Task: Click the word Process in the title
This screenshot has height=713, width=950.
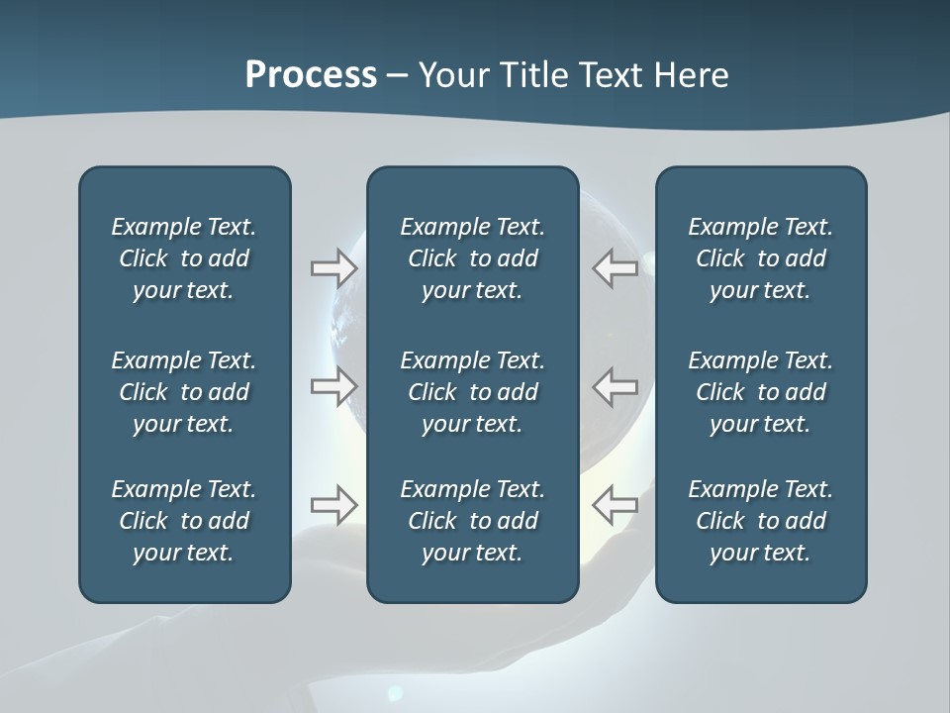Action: [x=311, y=75]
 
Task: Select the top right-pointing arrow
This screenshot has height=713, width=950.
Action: [x=333, y=268]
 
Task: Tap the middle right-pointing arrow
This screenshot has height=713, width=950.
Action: [x=333, y=386]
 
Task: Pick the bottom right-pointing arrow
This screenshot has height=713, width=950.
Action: [x=333, y=505]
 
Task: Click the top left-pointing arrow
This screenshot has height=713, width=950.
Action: [x=616, y=268]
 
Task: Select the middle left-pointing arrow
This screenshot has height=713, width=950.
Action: [x=616, y=386]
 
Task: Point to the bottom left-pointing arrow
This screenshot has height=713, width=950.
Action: [x=616, y=505]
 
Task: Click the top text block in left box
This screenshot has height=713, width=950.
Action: [x=184, y=258]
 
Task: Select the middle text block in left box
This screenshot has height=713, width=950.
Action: [x=184, y=392]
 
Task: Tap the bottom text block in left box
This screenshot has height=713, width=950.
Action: [x=184, y=521]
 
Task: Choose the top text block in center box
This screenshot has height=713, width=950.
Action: [x=472, y=258]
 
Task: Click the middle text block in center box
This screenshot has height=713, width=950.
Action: [x=472, y=392]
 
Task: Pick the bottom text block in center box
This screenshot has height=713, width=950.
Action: [x=472, y=521]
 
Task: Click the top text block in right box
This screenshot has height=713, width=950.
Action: [x=760, y=258]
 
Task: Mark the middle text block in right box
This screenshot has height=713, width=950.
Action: [x=760, y=392]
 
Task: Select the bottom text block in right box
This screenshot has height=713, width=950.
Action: [x=760, y=521]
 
